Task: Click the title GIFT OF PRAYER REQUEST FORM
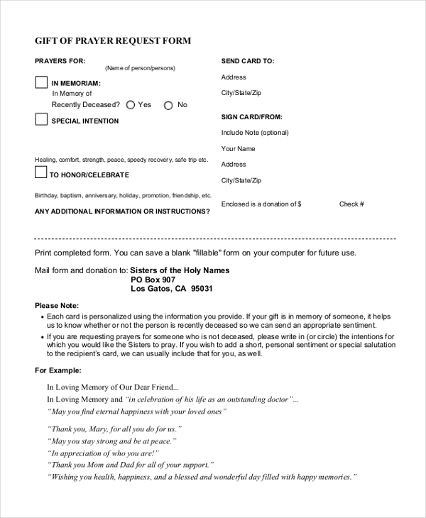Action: click(x=113, y=41)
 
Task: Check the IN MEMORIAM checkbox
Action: click(x=42, y=82)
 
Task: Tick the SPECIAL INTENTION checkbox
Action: click(x=42, y=120)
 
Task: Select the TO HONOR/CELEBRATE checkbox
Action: click(x=41, y=172)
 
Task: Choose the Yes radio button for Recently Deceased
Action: click(x=131, y=105)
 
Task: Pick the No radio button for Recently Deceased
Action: click(x=168, y=105)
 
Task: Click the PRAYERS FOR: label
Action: click(x=60, y=61)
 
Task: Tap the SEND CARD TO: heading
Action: click(x=248, y=61)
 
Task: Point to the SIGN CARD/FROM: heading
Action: click(x=251, y=116)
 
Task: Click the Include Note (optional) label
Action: click(x=255, y=133)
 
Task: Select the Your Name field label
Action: click(x=238, y=149)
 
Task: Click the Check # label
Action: click(x=351, y=204)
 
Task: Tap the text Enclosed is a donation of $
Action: click(x=261, y=204)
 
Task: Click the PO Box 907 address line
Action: click(x=153, y=280)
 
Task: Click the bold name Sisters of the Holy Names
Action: click(x=180, y=270)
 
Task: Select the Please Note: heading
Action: click(x=57, y=305)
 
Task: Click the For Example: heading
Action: click(x=58, y=370)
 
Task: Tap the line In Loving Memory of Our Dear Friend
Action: click(x=113, y=387)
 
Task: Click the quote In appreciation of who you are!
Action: click(x=103, y=453)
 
